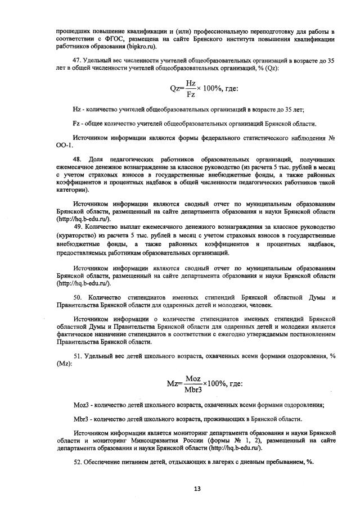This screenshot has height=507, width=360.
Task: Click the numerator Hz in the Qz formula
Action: (191, 82)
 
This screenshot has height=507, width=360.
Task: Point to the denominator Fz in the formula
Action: (191, 95)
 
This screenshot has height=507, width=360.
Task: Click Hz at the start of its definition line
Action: (78, 109)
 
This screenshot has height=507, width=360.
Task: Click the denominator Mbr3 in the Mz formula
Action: (192, 390)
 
